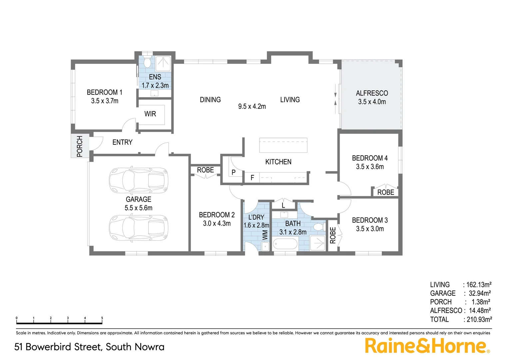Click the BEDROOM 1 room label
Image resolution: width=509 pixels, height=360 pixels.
[x=104, y=92]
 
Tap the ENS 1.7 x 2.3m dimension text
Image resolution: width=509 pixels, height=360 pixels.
[x=155, y=86]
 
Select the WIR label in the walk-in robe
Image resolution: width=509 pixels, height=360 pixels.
[x=150, y=114]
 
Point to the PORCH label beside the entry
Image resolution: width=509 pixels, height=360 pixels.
[x=80, y=146]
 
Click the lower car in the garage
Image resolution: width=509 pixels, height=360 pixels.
[x=139, y=228]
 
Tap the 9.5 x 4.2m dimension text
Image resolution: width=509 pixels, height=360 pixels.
[x=252, y=107]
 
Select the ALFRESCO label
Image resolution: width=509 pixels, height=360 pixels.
[x=372, y=93]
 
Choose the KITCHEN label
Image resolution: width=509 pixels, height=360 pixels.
[x=278, y=162]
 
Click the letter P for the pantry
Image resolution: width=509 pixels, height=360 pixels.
[x=234, y=172]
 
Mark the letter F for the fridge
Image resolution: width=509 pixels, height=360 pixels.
[x=252, y=178]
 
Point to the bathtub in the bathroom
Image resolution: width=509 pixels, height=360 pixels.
[x=285, y=244]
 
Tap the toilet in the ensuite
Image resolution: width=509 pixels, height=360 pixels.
[x=147, y=62]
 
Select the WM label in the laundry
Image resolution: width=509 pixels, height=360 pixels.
[x=265, y=235]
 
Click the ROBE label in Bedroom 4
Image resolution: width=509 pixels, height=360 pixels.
[x=385, y=192]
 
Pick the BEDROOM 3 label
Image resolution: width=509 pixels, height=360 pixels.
[x=370, y=220]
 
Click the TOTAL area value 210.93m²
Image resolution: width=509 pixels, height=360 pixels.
[x=479, y=319]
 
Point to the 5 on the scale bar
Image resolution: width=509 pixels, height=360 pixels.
[x=102, y=318]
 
